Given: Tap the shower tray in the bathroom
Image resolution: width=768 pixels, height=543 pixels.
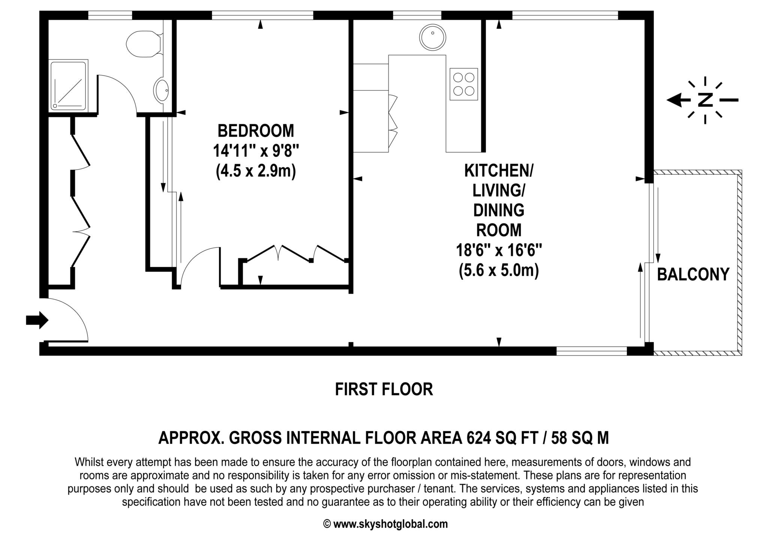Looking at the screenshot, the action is (x=69, y=85).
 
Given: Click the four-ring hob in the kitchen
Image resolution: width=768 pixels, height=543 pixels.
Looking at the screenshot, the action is (x=464, y=84).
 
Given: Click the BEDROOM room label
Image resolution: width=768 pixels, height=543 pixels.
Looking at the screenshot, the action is (x=256, y=131).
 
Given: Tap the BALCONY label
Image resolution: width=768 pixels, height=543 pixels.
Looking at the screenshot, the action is (x=693, y=274).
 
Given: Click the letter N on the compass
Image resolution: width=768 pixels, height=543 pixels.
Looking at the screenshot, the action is (x=705, y=100).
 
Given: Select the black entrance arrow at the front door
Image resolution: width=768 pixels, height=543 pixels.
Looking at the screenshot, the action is (x=37, y=320).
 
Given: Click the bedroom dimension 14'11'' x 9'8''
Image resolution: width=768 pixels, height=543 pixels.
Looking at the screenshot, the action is (x=256, y=151).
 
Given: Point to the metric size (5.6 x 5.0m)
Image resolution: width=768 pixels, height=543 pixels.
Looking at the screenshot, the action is (x=499, y=270).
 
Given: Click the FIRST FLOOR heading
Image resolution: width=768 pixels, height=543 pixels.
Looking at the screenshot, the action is (x=384, y=389).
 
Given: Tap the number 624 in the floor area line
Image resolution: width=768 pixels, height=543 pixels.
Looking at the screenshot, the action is (x=478, y=438).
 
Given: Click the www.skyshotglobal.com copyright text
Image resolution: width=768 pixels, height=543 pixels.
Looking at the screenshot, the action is (x=390, y=524).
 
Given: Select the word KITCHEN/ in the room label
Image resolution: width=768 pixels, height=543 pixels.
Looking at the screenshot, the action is (x=499, y=171).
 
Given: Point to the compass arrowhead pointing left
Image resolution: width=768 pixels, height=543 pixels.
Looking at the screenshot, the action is (x=674, y=100).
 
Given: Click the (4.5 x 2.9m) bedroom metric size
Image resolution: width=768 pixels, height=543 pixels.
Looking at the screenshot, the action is (x=256, y=171).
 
